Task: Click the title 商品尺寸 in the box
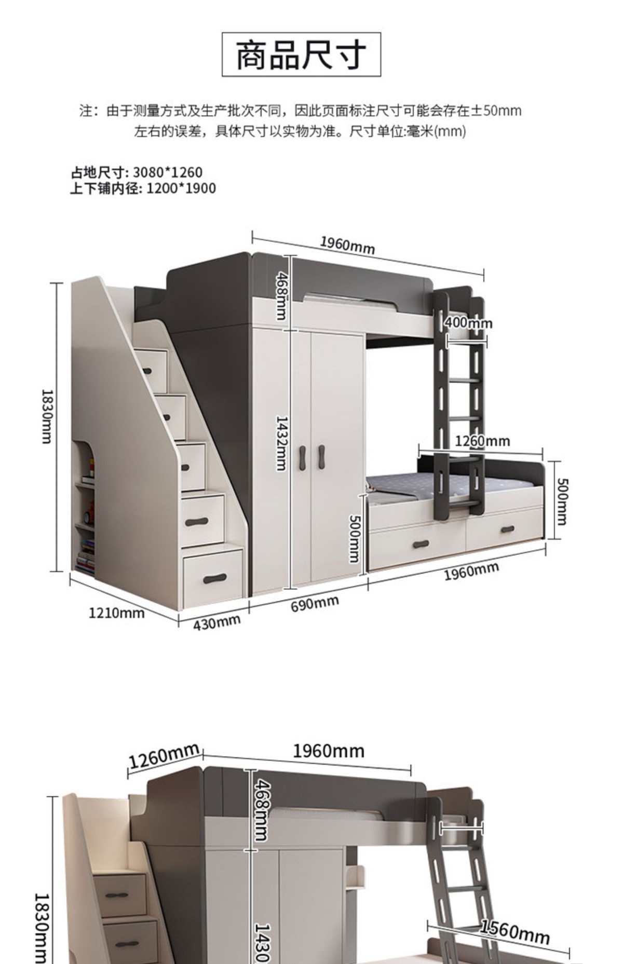pyautogui.click(x=301, y=55)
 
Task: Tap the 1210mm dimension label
pyautogui.click(x=116, y=613)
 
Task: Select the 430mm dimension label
pyautogui.click(x=217, y=622)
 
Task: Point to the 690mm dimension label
pyautogui.click(x=315, y=603)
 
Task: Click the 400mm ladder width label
pyautogui.click(x=468, y=323)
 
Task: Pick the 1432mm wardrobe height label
pyautogui.click(x=281, y=443)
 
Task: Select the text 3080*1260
pyautogui.click(x=167, y=172)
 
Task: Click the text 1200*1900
pyautogui.click(x=181, y=188)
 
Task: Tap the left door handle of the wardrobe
pyautogui.click(x=303, y=457)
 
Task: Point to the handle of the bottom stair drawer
pyautogui.click(x=214, y=578)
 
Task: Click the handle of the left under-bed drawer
pyautogui.click(x=421, y=545)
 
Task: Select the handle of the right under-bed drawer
pyautogui.click(x=507, y=529)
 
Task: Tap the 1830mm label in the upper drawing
pyautogui.click(x=47, y=416)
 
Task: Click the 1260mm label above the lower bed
pyautogui.click(x=482, y=441)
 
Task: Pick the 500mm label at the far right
pyautogui.click(x=562, y=501)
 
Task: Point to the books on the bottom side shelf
pyautogui.click(x=86, y=556)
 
